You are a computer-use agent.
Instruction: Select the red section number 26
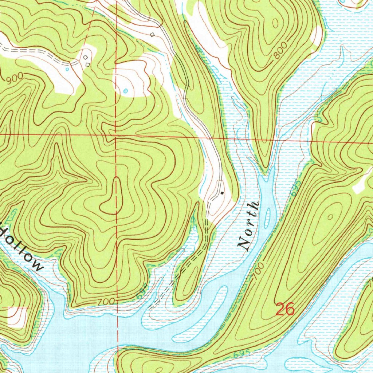284,309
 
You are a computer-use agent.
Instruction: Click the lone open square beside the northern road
152,35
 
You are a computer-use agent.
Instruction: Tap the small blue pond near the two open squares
67,68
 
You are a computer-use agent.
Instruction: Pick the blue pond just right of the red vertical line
126,90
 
